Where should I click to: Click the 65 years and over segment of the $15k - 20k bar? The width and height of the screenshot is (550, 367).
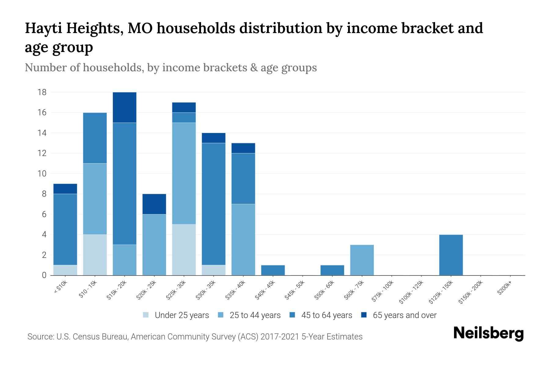(124, 107)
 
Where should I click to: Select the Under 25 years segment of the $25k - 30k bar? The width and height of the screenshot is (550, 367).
(184, 250)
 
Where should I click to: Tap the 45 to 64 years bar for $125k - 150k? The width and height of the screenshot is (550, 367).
(451, 255)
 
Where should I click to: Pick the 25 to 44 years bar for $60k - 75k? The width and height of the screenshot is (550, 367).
(362, 260)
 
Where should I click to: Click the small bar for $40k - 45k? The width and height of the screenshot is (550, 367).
(273, 270)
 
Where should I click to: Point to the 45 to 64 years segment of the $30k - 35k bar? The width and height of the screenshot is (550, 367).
(214, 204)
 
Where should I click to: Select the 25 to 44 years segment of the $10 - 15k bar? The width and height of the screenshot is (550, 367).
(95, 199)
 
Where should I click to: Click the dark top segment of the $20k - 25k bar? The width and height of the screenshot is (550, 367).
(154, 204)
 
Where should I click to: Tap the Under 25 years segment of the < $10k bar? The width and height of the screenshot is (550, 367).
(65, 270)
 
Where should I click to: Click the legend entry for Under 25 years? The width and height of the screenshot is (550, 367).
(182, 315)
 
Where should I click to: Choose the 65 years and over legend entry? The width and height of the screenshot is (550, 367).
(404, 315)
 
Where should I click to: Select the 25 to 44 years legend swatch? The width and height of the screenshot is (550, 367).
(221, 315)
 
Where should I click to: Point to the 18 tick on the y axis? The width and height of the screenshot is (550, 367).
(42, 92)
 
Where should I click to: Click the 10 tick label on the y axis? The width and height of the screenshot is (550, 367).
(42, 174)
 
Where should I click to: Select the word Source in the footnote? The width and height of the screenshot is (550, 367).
(39, 337)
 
